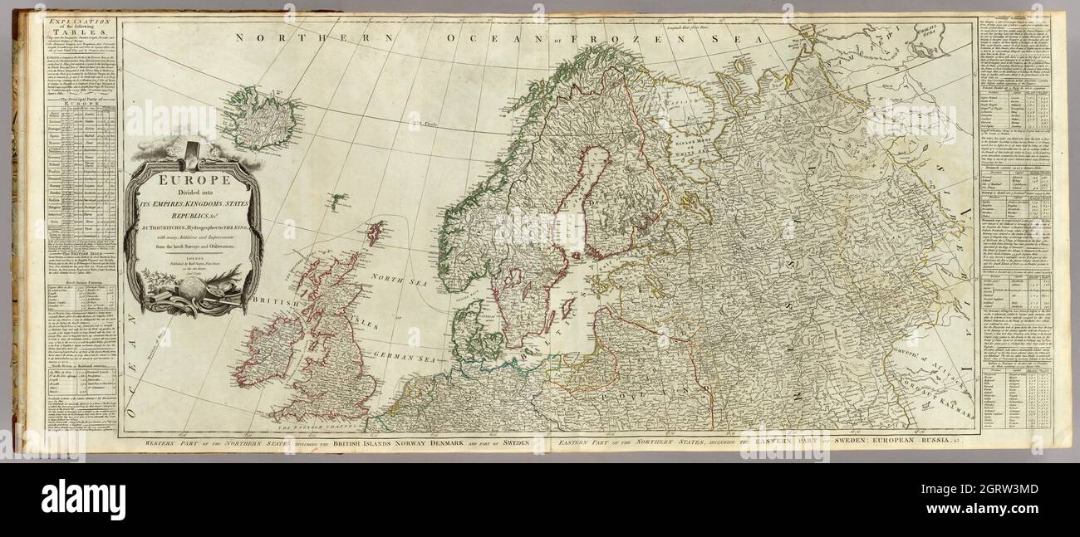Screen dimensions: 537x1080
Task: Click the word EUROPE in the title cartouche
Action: [195, 178]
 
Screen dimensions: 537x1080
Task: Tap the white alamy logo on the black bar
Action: [83, 499]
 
